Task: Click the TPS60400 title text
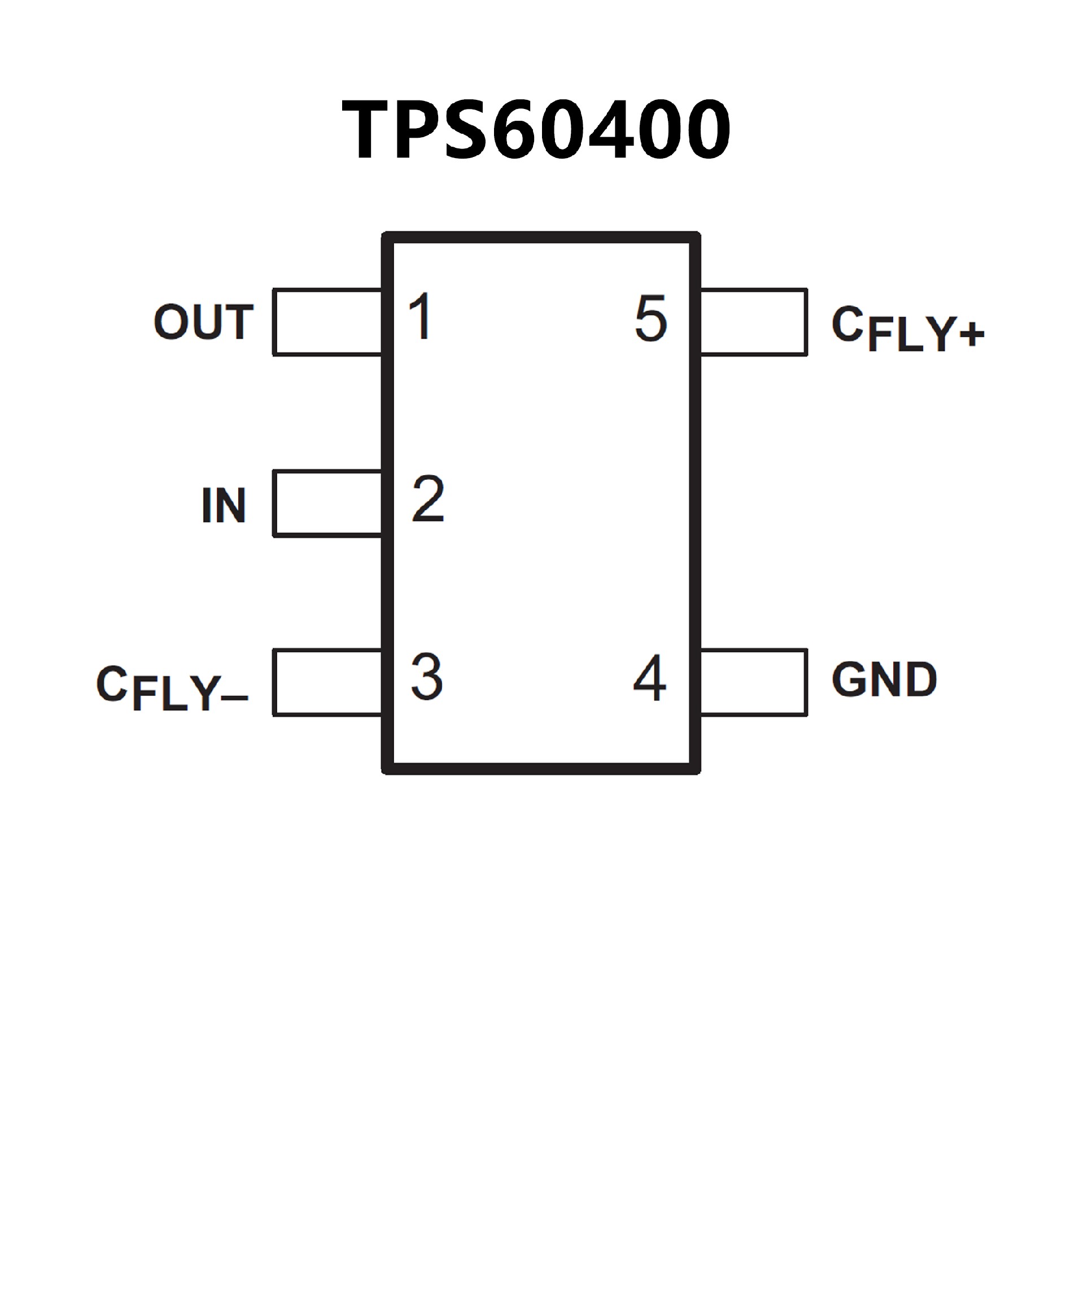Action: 536,129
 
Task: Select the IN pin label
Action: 224,505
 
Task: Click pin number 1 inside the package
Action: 421,317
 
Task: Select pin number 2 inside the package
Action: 428,499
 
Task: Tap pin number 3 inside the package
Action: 427,677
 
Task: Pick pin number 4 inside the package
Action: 650,678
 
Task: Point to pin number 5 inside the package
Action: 651,318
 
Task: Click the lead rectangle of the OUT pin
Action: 327,322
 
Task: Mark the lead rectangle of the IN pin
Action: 327,503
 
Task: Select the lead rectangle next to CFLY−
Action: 327,683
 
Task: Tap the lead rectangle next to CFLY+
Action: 753,322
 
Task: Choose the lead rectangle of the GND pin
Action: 753,682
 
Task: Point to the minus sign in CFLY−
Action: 234,698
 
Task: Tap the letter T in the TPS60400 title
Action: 365,129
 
